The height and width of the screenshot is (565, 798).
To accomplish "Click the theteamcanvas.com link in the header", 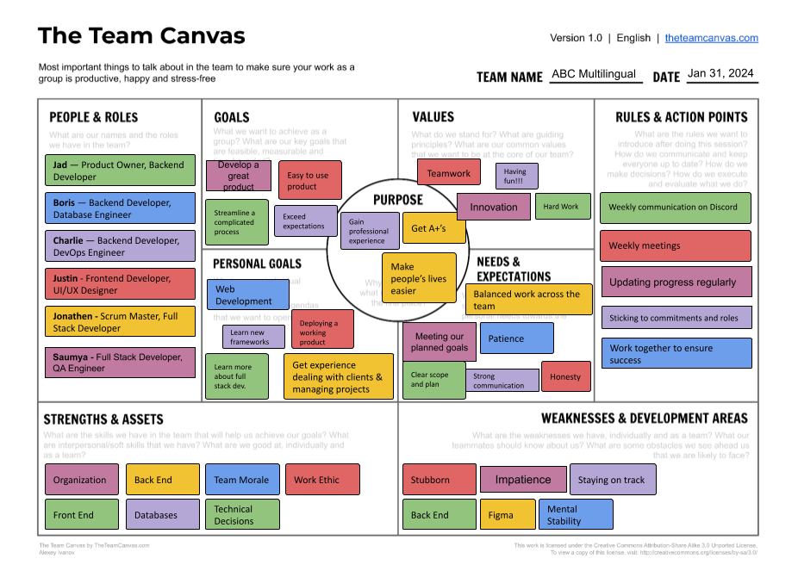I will tap(711, 38).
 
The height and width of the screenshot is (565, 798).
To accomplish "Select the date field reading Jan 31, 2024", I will tap(721, 74).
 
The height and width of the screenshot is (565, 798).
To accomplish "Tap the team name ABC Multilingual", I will tap(594, 75).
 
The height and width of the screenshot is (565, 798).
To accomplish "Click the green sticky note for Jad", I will tap(120, 171).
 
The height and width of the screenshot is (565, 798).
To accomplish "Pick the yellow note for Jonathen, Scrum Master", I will tap(120, 322).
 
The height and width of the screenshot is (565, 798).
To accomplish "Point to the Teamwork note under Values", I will tap(449, 173).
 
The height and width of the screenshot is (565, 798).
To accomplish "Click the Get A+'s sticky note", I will tap(433, 228).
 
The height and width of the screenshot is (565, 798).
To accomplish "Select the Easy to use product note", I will tap(309, 181).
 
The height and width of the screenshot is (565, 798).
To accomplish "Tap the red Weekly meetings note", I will tap(675, 245).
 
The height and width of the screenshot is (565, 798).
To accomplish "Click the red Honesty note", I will tap(565, 376).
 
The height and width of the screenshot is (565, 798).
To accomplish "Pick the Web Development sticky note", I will tap(247, 295).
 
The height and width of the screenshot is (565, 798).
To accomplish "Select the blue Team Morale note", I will tap(241, 480).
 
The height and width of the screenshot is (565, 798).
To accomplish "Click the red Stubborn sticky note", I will tap(439, 480).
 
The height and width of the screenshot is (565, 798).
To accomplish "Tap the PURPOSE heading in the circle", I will tap(397, 200).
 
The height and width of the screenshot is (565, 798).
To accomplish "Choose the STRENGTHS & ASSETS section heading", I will tap(103, 419).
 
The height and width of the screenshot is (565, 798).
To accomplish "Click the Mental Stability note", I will tap(575, 515).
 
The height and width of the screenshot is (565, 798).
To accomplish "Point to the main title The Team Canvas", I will tap(141, 36).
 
